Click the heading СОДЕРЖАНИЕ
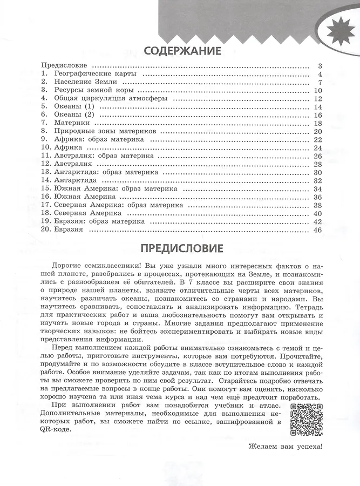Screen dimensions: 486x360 coord(182,51)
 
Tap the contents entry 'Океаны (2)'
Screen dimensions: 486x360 coord(67,115)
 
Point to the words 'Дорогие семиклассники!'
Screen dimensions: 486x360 coord(92,266)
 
